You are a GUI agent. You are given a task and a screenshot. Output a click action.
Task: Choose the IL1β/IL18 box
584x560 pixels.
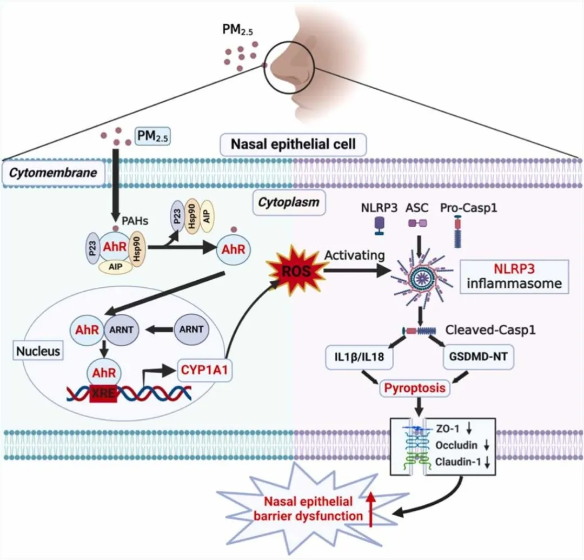click(x=359, y=358)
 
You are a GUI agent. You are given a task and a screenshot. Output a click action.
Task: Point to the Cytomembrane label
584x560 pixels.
click(x=52, y=173)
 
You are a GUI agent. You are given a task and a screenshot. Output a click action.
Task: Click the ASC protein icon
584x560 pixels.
click(x=417, y=222)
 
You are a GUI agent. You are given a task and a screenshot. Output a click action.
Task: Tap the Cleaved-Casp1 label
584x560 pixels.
click(x=491, y=330)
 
